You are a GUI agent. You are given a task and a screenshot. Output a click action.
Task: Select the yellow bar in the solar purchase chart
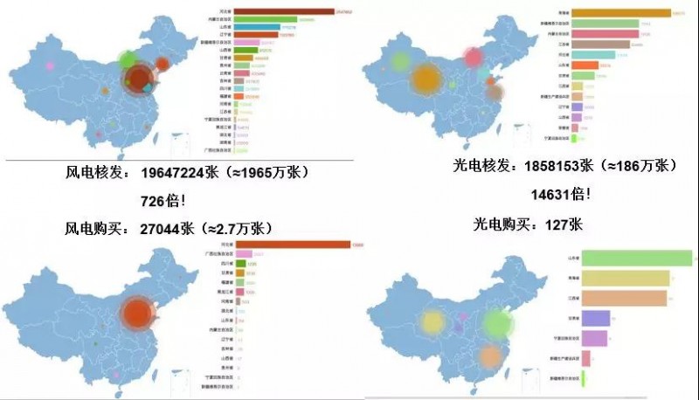point(624,278)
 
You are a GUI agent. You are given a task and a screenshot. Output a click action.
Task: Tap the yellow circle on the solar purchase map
point(433,322)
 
